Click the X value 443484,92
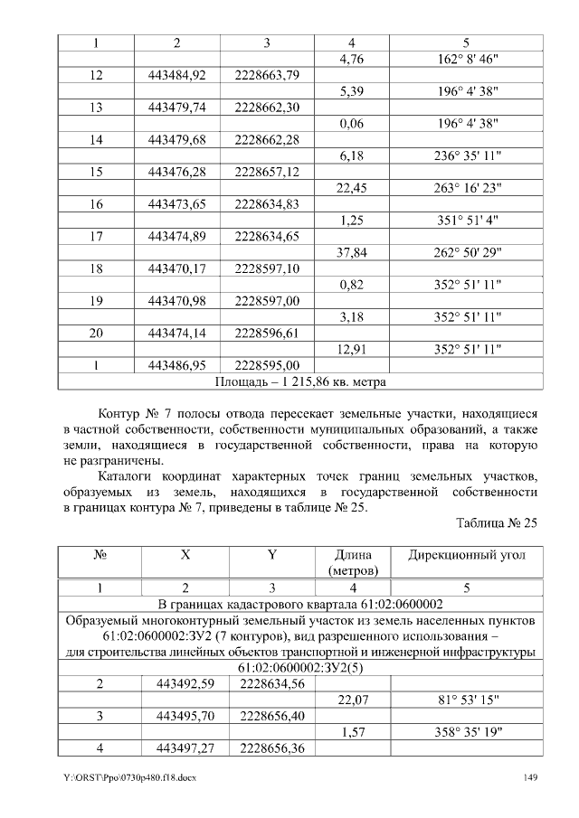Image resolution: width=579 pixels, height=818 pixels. (176, 75)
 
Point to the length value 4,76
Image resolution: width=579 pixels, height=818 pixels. (349, 60)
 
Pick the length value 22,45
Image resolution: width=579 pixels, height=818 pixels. (349, 188)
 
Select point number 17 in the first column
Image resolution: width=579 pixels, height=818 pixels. (95, 237)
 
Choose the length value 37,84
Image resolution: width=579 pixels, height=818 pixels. (349, 252)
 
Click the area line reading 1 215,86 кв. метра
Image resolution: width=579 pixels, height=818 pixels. (299, 381)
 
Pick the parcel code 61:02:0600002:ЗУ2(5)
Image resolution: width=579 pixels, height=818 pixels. (299, 668)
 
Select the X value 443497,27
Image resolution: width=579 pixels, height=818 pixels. (176, 747)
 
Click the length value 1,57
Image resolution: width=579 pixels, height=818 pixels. (349, 731)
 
